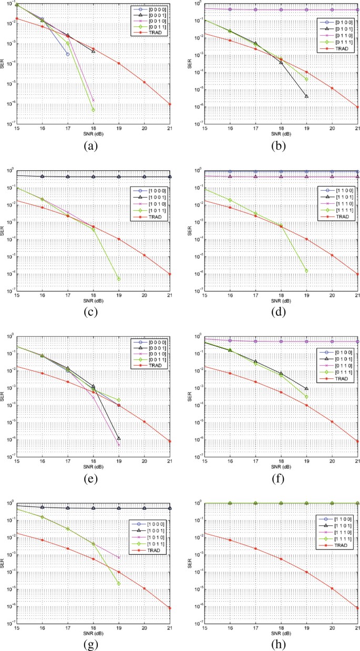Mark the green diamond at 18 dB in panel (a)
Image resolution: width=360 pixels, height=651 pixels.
click(94, 110)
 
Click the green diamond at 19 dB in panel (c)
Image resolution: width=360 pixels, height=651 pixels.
click(119, 278)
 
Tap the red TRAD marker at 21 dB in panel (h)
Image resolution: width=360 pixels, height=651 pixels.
click(357, 608)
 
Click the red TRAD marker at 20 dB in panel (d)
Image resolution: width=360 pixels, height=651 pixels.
click(332, 255)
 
